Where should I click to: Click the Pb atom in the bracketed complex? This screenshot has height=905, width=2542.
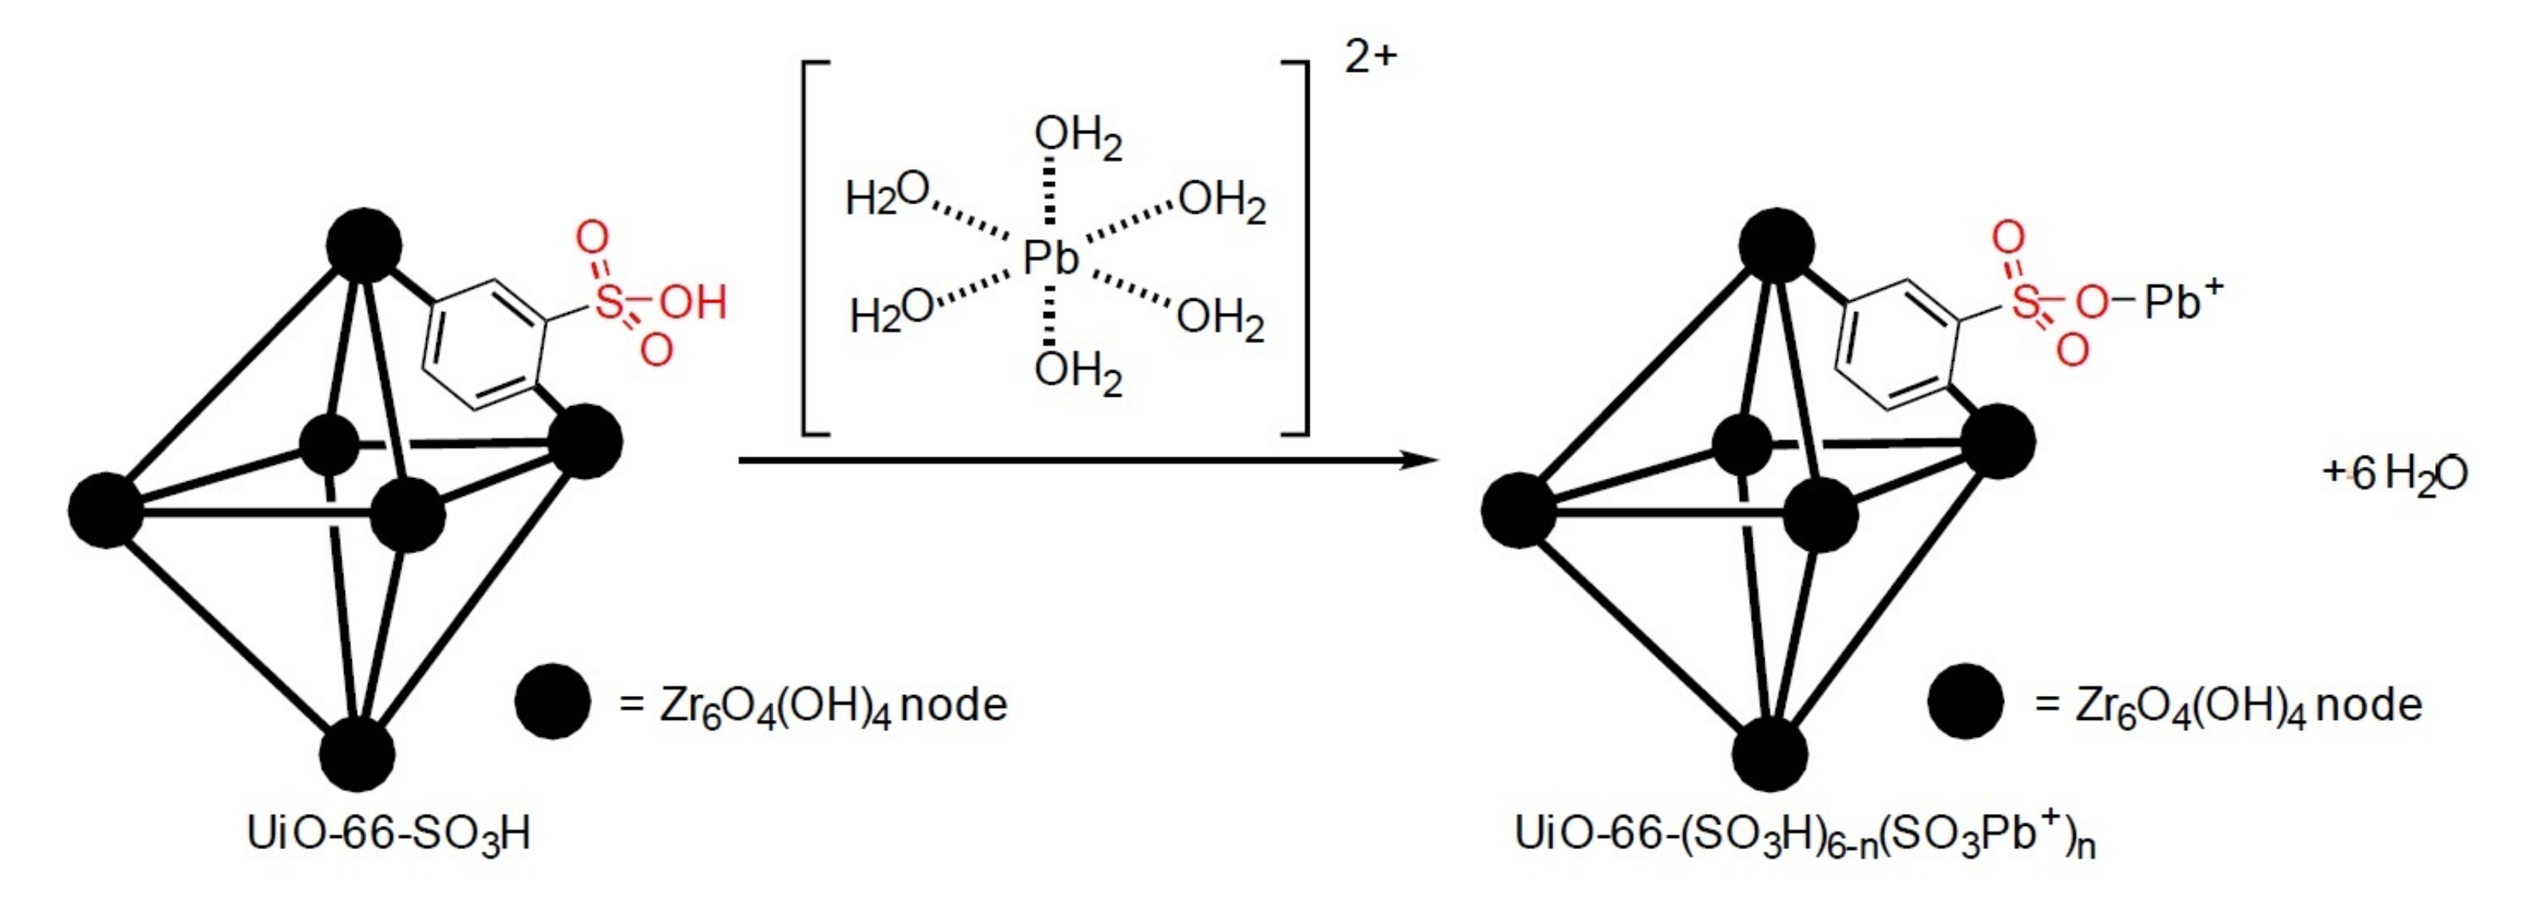[x=1050, y=259]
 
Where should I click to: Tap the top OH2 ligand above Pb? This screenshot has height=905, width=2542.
[x=1077, y=137]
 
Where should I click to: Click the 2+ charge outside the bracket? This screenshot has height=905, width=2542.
[x=1370, y=57]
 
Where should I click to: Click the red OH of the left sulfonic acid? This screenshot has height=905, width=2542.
[x=693, y=302]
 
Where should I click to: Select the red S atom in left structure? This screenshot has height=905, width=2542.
[x=610, y=301]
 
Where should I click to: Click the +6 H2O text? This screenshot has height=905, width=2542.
[x=2395, y=475]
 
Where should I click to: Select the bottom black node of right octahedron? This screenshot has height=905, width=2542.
[x=1770, y=754]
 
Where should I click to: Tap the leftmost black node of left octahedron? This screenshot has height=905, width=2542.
[x=105, y=510]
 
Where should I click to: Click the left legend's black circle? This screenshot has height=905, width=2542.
[x=552, y=701]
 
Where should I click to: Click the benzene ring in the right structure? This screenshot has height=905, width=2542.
[x=1895, y=343]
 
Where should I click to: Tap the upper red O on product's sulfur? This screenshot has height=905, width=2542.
[x=2007, y=237]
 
